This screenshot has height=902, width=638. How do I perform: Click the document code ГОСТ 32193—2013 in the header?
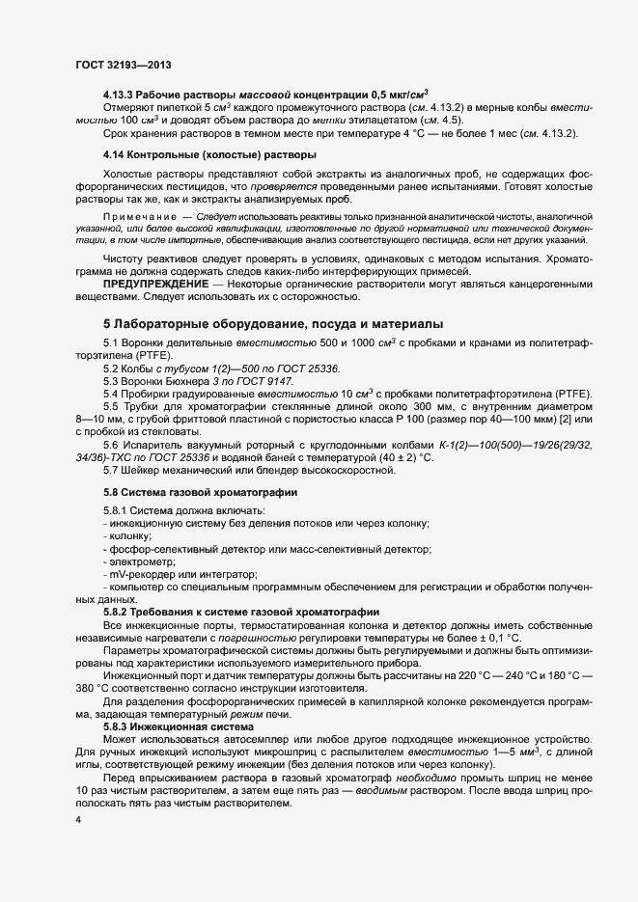125,65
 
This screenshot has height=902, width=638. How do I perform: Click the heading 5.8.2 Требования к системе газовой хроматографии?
240,613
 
